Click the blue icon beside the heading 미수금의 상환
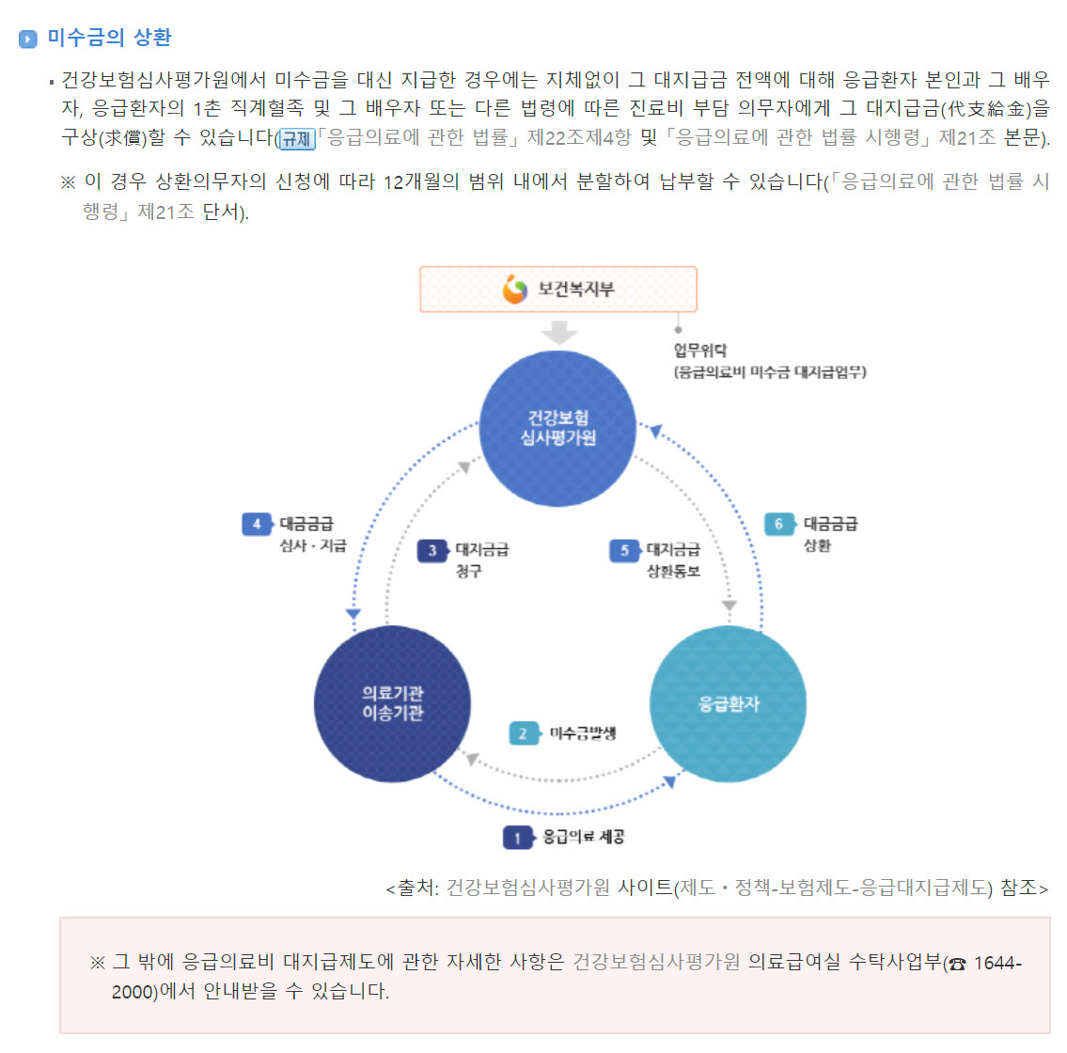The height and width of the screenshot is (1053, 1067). point(27,39)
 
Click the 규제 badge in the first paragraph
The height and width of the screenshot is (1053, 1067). point(296,139)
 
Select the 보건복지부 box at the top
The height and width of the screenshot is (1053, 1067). point(558,289)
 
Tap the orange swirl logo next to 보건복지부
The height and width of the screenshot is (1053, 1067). point(515,290)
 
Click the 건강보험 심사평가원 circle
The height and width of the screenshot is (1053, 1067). point(557,429)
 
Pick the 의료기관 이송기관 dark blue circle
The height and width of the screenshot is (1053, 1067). point(392,703)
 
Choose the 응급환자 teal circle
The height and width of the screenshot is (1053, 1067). point(728,703)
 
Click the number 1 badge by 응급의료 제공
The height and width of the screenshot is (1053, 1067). point(517,837)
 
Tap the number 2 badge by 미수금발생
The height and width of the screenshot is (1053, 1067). point(524,733)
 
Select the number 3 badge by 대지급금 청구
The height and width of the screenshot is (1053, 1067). point(432,551)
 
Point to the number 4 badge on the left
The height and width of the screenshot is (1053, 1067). point(257,524)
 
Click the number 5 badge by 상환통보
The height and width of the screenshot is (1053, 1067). point(624,551)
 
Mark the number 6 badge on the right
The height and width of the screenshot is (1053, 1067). point(778,524)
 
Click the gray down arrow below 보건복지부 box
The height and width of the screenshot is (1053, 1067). point(559,333)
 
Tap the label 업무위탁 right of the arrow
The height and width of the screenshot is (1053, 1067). point(700,351)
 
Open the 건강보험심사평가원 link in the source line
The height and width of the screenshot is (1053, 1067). point(527,888)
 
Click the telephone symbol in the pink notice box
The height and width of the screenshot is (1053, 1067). point(957,964)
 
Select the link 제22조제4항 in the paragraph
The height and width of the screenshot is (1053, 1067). point(579,138)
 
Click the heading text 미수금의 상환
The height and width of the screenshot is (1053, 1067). point(110,38)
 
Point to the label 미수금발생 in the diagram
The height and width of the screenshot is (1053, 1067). point(583,733)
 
